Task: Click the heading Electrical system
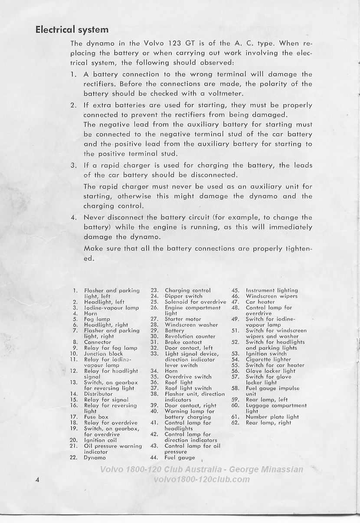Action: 72,30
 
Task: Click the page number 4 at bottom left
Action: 38,479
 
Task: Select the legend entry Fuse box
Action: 96,417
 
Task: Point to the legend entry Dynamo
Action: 95,457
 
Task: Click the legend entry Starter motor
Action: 183,319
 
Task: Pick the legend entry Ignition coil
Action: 100,440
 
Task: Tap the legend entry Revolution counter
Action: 190,336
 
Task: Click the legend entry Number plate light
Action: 272,417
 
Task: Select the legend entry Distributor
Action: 98,394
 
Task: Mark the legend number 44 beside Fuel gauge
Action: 153,457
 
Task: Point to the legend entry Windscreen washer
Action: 191,324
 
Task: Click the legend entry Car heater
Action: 260,302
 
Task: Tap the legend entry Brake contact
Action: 183,342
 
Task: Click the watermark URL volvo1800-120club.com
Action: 202,479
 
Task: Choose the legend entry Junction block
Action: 103,353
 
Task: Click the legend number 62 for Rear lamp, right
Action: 236,422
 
